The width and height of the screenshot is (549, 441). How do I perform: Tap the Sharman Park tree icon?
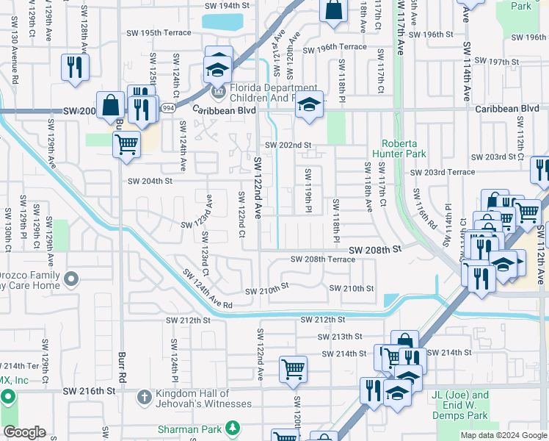tap(233, 428)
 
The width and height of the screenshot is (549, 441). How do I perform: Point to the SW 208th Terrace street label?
tap(323, 259)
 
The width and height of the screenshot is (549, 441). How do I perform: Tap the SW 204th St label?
tap(150, 181)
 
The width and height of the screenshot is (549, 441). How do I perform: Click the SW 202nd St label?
tap(288, 146)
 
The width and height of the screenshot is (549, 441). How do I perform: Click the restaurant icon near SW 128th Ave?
tap(73, 68)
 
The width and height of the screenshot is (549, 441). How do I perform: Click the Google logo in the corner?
tap(23, 432)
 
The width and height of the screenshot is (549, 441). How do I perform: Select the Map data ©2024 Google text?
tap(503, 435)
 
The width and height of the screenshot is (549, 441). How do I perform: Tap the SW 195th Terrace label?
tap(157, 33)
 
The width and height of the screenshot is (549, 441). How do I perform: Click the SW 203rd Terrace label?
tap(443, 173)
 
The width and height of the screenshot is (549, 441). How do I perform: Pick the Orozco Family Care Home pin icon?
tap(71, 279)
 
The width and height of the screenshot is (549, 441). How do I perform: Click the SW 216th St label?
tap(90, 392)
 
